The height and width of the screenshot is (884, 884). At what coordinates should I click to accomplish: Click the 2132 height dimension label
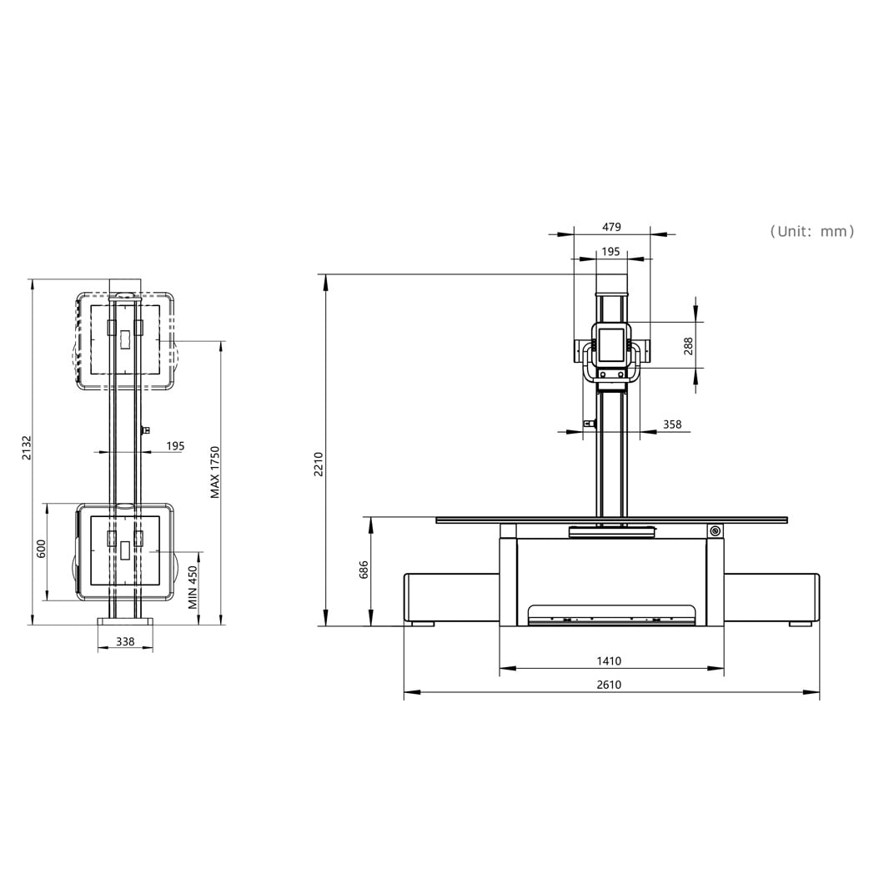pyautogui.click(x=27, y=448)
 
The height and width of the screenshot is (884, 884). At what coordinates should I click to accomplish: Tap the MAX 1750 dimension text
pyautogui.click(x=215, y=473)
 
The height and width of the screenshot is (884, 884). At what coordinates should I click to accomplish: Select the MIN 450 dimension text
pyautogui.click(x=193, y=587)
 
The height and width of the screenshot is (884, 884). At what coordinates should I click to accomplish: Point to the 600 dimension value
pyautogui.click(x=41, y=549)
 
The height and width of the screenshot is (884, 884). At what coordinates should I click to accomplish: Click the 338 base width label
pyautogui.click(x=125, y=641)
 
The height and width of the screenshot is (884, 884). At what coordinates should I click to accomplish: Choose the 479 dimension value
pyautogui.click(x=611, y=227)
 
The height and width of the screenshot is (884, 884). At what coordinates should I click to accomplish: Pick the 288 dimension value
pyautogui.click(x=688, y=346)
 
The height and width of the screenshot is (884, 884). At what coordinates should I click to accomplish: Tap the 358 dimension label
pyautogui.click(x=672, y=424)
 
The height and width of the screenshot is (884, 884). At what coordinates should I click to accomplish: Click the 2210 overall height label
pyautogui.click(x=319, y=465)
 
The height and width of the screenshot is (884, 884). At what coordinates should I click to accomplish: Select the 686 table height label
pyautogui.click(x=364, y=570)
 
